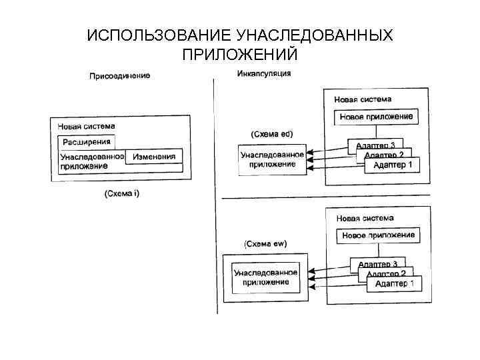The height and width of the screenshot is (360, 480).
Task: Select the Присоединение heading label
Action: [120, 76]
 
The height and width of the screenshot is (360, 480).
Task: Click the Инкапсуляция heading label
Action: [264, 73]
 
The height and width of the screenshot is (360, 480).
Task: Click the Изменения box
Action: [154, 157]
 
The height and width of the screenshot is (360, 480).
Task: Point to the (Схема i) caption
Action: [121, 193]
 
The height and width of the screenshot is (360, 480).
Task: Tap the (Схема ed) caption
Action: [271, 133]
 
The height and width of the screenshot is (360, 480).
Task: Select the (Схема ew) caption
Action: [265, 244]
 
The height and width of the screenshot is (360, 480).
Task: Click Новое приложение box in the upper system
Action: [376, 117]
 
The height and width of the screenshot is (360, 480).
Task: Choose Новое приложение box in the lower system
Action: [378, 235]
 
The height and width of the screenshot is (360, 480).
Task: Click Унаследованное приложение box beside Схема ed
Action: [272, 160]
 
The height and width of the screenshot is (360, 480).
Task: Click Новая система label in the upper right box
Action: [363, 99]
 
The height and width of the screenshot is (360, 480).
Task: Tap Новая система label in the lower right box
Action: [365, 218]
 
